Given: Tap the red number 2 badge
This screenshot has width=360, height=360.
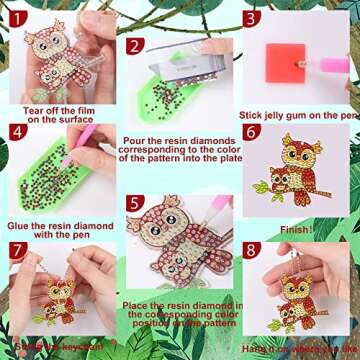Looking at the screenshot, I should (132, 46).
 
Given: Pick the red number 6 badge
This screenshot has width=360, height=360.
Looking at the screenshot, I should (250, 131).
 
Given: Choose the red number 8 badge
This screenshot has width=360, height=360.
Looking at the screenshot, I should (250, 248).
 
